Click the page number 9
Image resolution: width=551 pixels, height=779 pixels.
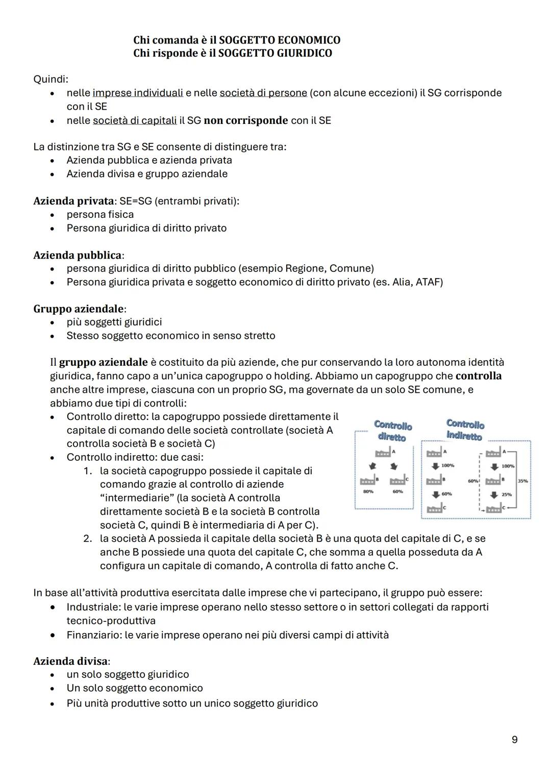point(514,739)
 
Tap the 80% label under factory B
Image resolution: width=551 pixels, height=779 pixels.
point(368,492)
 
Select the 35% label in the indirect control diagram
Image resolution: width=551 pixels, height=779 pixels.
point(523,481)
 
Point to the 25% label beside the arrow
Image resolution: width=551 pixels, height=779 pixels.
point(506,494)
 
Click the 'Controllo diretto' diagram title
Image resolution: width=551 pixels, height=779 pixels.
point(392,431)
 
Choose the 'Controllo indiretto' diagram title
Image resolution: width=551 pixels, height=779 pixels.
point(465,430)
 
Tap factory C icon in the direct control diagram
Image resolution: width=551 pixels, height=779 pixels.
point(397,481)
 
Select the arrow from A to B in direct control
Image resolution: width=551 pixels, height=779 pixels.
point(372,466)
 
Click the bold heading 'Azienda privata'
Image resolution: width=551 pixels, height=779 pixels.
point(73,201)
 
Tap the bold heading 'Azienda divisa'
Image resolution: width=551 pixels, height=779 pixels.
point(70,661)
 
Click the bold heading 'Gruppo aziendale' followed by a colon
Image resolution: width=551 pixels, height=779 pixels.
point(79,309)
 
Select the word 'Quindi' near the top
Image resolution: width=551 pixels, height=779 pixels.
point(50,79)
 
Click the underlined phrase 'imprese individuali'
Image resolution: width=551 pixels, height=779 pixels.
point(138,93)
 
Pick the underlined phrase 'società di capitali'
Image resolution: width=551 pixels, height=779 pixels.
point(135,120)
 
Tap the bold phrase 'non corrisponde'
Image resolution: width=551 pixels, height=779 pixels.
point(246,120)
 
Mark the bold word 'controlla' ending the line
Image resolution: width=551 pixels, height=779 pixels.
point(478,376)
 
